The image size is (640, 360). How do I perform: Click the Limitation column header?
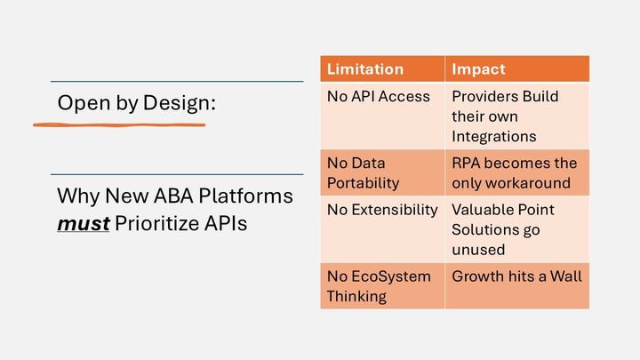click(x=365, y=68)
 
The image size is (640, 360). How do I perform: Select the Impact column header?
click(x=480, y=68)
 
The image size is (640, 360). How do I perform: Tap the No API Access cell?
click(x=379, y=96)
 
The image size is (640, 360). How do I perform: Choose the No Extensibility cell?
click(x=382, y=210)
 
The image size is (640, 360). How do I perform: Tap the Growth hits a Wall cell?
click(x=516, y=276)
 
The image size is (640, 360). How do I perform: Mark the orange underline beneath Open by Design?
click(x=120, y=124)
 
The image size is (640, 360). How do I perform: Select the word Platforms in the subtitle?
click(x=252, y=196)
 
